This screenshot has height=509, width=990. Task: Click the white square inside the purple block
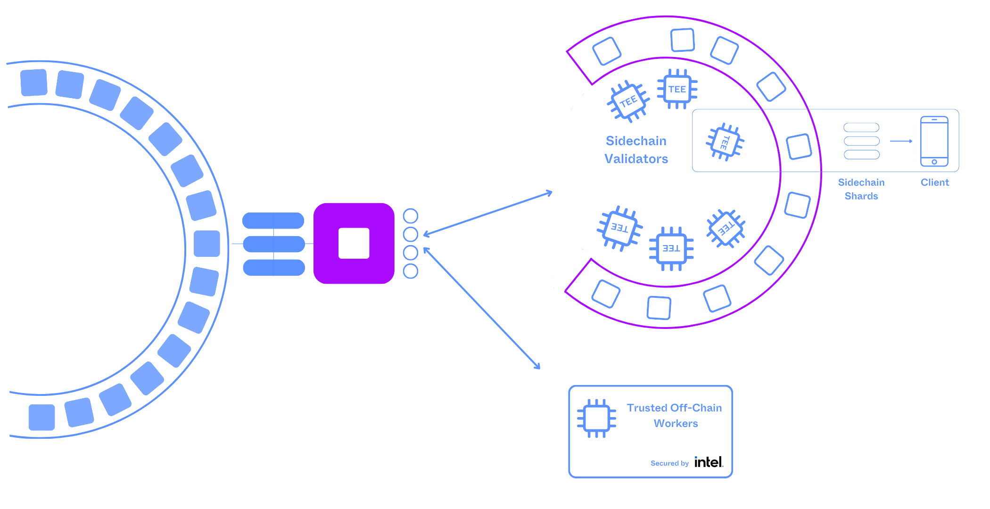tap(354, 243)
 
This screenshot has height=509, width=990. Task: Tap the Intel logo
tap(708, 462)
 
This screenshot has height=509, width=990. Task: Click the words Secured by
tap(669, 463)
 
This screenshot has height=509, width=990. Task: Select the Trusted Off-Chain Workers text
tap(675, 415)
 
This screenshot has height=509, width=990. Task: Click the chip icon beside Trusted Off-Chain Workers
tap(596, 418)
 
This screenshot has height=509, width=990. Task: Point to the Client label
tap(934, 182)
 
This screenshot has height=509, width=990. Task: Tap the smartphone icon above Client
tap(934, 141)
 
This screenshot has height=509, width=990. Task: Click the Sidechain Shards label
tap(861, 189)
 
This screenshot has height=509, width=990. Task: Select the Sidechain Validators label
tap(636, 150)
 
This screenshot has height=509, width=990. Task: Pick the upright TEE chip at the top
tap(677, 89)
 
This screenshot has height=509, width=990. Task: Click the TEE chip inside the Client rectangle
tap(725, 142)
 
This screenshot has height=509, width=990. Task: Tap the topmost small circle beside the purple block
tap(411, 216)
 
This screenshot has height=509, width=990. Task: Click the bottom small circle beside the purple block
tap(411, 271)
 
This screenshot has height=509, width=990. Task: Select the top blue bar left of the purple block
tap(273, 220)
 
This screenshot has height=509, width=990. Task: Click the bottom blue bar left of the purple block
tap(274, 267)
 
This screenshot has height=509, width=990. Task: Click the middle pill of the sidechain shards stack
tap(861, 141)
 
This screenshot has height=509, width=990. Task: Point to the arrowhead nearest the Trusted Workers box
tap(537, 366)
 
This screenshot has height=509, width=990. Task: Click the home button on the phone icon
tap(934, 162)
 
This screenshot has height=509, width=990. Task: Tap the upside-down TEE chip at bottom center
tap(671, 248)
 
